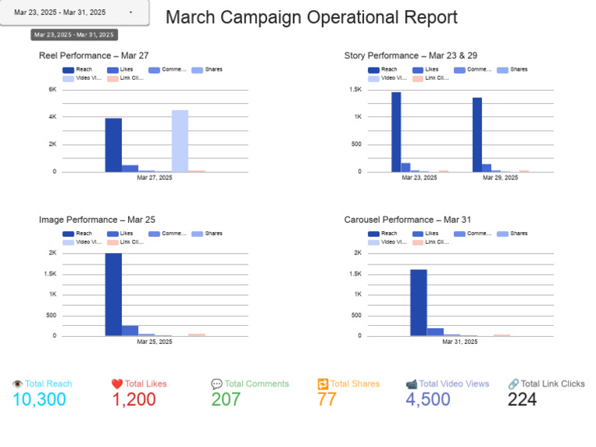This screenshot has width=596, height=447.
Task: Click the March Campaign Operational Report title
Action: (311, 18)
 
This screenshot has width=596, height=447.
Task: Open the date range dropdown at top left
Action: (74, 12)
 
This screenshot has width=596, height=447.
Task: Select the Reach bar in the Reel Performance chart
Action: (113, 145)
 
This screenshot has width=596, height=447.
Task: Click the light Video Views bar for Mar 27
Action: (180, 141)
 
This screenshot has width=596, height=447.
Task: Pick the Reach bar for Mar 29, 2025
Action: (477, 134)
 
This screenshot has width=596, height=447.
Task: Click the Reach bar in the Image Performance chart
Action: (113, 295)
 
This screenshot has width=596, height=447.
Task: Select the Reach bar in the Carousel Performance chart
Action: (418, 303)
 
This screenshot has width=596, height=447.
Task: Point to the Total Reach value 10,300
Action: (39, 400)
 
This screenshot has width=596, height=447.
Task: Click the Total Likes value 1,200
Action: (133, 400)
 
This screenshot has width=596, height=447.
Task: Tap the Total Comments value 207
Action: (226, 400)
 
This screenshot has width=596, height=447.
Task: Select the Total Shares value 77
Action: (327, 400)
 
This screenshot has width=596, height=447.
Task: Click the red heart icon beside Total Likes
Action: (116, 384)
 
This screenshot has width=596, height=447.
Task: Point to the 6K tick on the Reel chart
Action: (52, 90)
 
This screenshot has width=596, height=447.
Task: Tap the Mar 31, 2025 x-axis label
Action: (459, 341)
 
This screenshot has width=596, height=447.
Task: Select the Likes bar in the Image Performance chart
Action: (130, 331)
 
